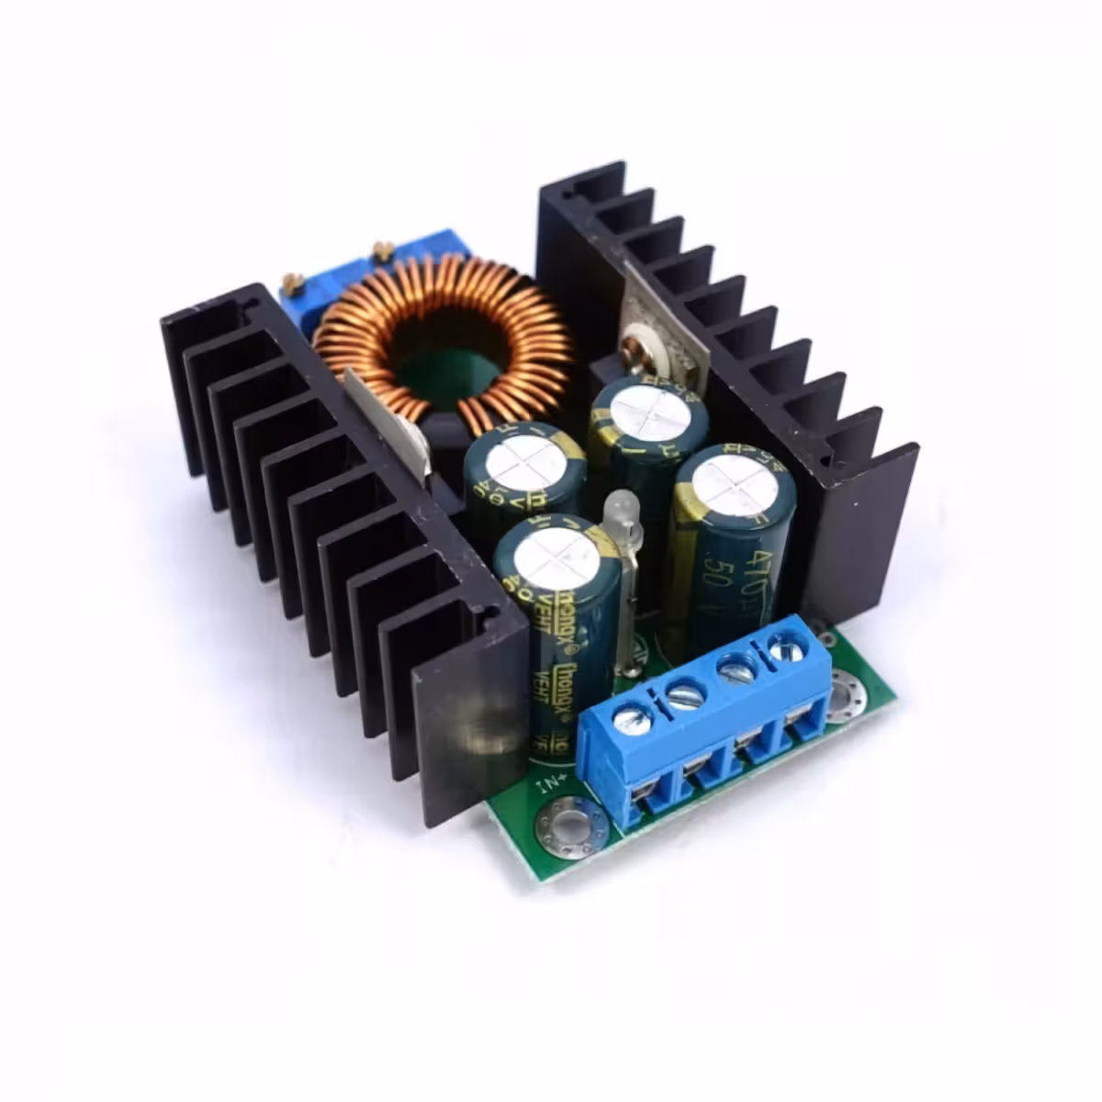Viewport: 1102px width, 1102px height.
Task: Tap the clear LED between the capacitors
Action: (621, 509)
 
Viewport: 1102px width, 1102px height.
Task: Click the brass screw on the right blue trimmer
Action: (382, 249)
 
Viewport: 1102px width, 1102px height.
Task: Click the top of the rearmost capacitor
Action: (647, 412)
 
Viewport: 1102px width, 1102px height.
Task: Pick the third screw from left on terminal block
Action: (737, 670)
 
